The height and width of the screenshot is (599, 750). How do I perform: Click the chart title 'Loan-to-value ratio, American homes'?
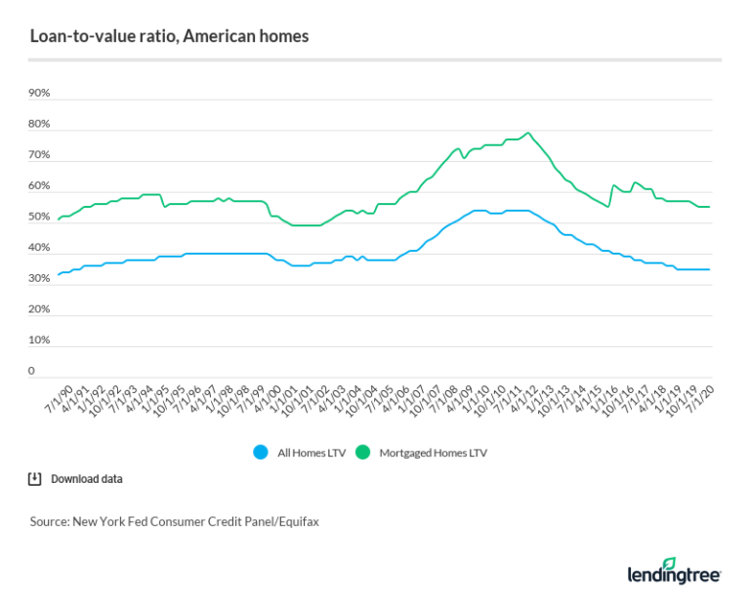pyautogui.click(x=169, y=36)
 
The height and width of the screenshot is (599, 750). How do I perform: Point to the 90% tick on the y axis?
pyautogui.click(x=39, y=94)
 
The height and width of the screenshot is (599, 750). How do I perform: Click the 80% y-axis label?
pyautogui.click(x=39, y=125)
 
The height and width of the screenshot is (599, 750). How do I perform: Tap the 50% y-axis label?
pyautogui.click(x=39, y=218)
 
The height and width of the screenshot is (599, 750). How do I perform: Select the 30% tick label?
pyautogui.click(x=39, y=279)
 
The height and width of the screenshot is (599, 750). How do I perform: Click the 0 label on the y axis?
pyautogui.click(x=32, y=372)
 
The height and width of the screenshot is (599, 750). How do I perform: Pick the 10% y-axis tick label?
pyautogui.click(x=39, y=340)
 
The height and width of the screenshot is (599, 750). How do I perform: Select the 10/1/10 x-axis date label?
pyautogui.click(x=489, y=401)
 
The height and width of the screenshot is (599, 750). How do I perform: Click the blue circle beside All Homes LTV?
pyautogui.click(x=260, y=452)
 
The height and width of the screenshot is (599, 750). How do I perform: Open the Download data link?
pyautogui.click(x=86, y=479)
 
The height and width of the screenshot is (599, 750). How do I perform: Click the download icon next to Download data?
pyautogui.click(x=35, y=479)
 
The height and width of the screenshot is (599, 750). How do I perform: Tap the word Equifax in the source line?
pyautogui.click(x=297, y=522)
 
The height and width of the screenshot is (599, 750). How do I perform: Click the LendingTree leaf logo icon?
pyautogui.click(x=669, y=564)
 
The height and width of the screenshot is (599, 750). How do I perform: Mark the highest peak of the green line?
pyautogui.click(x=527, y=133)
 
